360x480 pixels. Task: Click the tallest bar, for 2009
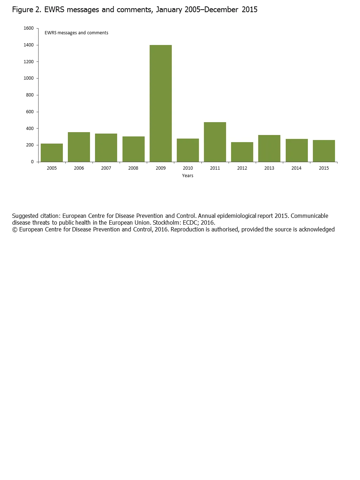161,103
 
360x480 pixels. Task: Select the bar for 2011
215,142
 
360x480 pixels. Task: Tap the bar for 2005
52,153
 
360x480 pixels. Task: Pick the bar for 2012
242,152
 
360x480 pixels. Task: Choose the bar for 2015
324,151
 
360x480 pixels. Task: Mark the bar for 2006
79,147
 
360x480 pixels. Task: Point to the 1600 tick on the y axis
29,28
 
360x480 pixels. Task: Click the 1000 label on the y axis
29,78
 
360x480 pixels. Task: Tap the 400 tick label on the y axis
30,129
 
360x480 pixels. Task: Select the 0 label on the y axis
32,162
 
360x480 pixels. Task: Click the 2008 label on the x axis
133,168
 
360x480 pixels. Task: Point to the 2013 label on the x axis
269,168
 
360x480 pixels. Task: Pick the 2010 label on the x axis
188,168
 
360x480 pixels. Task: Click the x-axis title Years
187,176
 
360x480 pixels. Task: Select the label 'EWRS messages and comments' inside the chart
76,33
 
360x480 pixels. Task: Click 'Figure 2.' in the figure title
27,10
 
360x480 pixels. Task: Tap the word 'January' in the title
169,10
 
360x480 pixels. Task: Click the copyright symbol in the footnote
15,230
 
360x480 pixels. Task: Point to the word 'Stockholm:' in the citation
167,223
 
